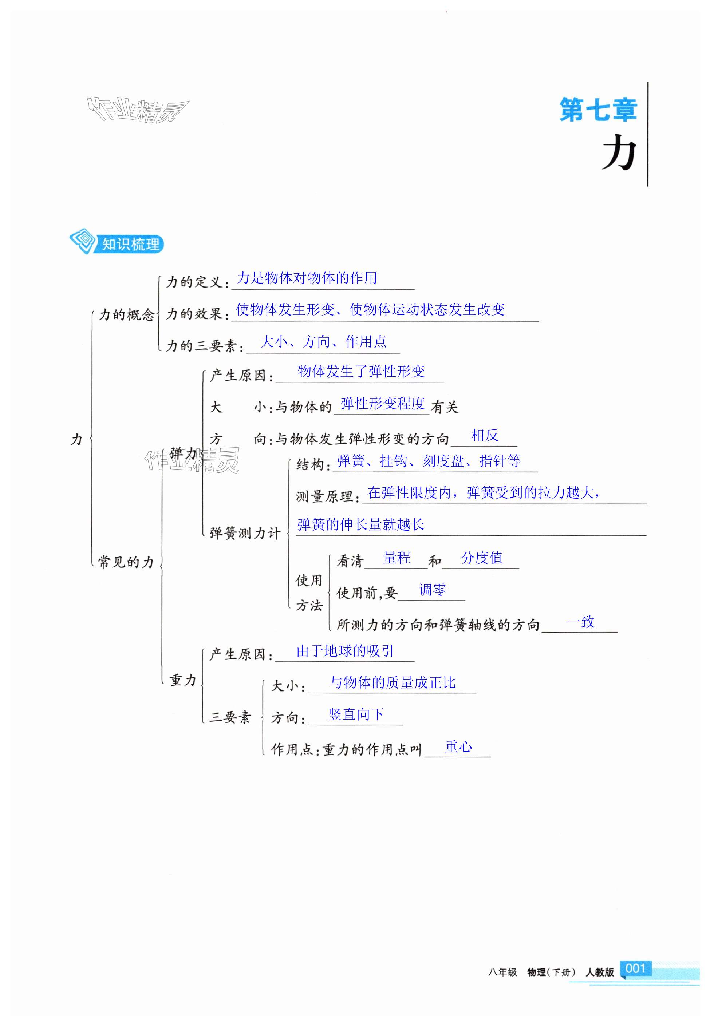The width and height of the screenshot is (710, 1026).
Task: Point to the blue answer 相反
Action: click(x=485, y=435)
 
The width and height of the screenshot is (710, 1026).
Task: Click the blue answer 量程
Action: click(x=397, y=558)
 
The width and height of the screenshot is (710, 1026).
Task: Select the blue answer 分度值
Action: click(x=482, y=558)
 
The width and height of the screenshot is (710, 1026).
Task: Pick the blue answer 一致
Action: click(x=580, y=622)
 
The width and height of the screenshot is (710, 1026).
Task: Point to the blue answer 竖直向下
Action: click(x=356, y=714)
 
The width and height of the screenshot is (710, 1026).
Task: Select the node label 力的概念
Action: click(x=126, y=315)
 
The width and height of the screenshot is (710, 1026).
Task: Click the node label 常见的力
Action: click(x=126, y=562)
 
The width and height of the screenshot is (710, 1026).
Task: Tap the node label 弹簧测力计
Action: click(x=245, y=533)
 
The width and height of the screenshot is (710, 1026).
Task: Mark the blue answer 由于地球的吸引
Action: click(x=345, y=651)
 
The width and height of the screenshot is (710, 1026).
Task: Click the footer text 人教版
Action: click(x=599, y=972)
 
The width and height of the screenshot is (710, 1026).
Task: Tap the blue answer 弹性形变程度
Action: click(x=382, y=404)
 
